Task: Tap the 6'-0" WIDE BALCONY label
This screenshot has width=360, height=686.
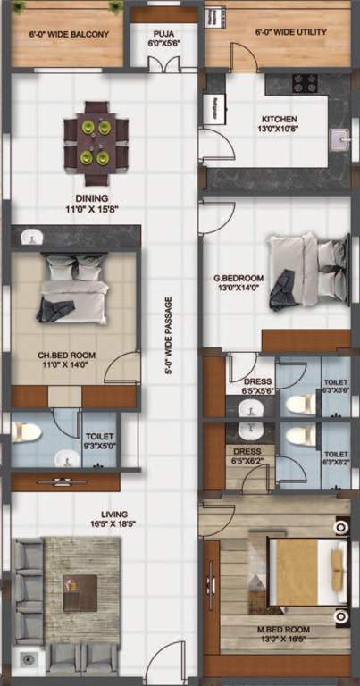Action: [70, 34]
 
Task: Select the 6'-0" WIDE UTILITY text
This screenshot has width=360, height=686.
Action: [290, 32]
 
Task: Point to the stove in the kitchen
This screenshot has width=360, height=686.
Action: [306, 84]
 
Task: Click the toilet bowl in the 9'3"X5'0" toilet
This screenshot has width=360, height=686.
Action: [28, 431]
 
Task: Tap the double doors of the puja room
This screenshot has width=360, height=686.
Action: [163, 65]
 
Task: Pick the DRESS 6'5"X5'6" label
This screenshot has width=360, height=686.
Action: [259, 385]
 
